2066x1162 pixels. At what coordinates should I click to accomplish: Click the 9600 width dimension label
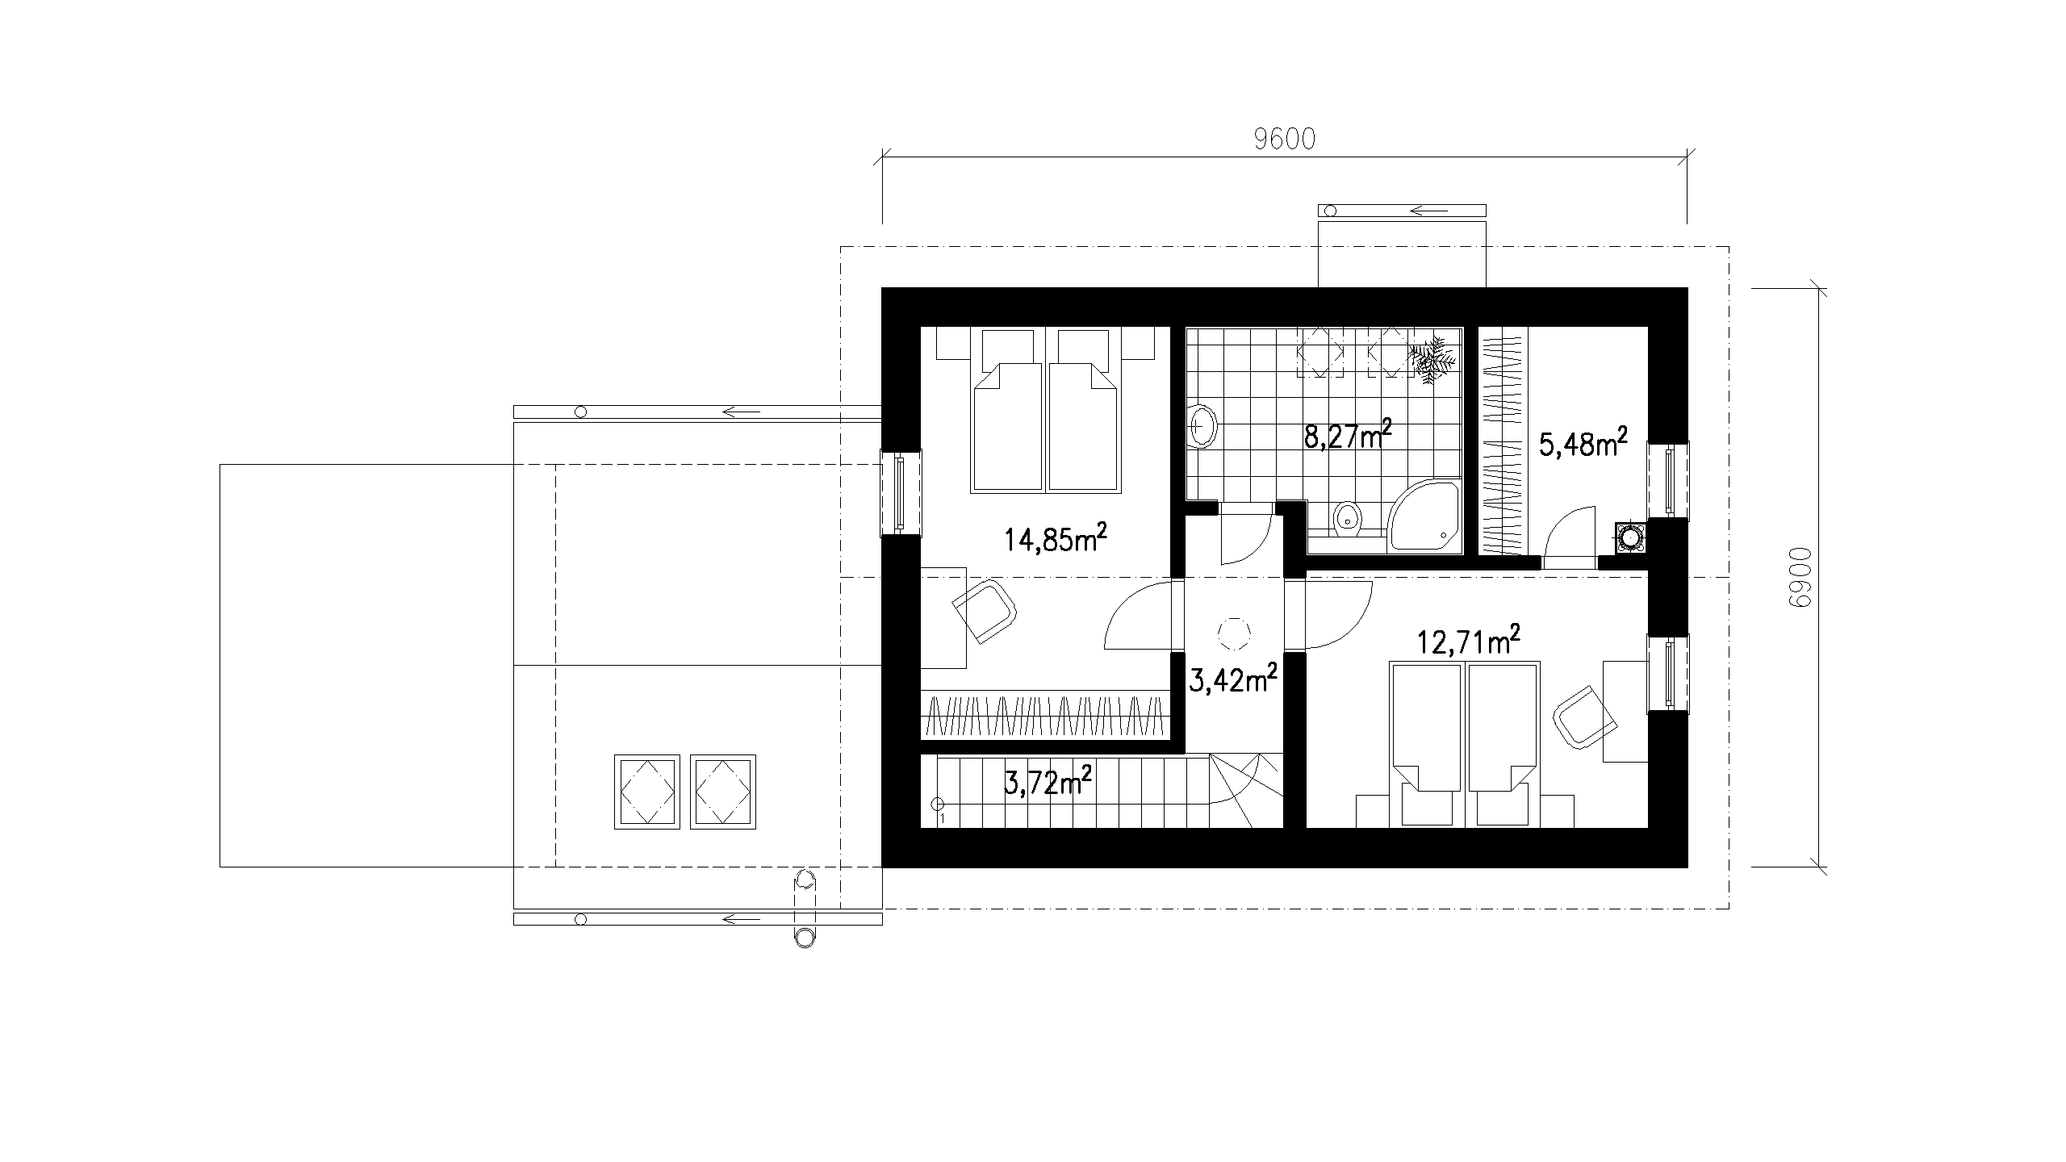point(1285,140)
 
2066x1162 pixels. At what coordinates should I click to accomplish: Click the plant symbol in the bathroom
point(1432,361)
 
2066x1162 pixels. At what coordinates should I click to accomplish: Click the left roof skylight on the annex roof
point(646,792)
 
